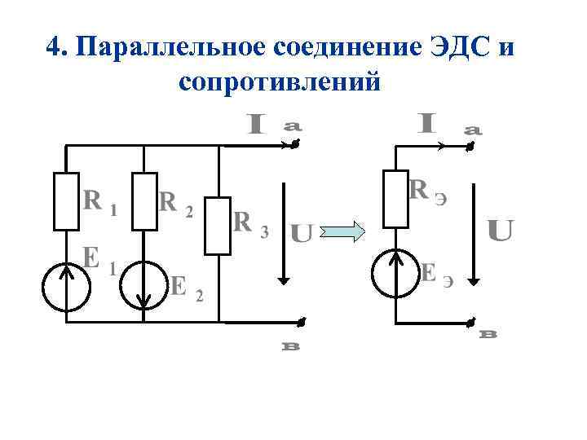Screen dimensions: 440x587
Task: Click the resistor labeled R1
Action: pyautogui.click(x=66, y=200)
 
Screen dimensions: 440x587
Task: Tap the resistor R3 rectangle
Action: pyautogui.click(x=218, y=224)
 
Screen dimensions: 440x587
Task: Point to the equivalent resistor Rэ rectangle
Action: pyautogui.click(x=395, y=198)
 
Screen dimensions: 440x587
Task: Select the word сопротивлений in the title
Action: pyautogui.click(x=277, y=82)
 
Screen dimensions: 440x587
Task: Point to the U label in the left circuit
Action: pyautogui.click(x=302, y=235)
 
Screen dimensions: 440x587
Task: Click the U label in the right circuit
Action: pyautogui.click(x=500, y=231)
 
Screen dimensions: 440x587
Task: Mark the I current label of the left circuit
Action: pyautogui.click(x=257, y=125)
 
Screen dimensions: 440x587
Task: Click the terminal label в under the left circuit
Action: pyautogui.click(x=292, y=346)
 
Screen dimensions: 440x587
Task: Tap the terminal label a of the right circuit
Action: pyautogui.click(x=472, y=129)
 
